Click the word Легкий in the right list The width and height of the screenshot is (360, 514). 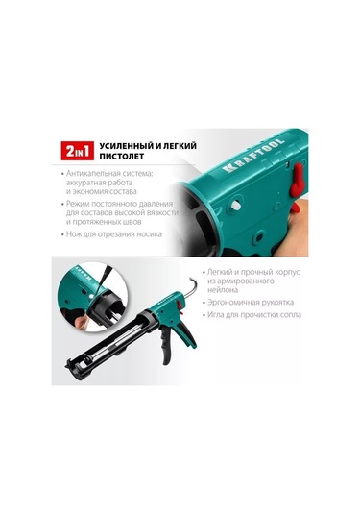[x=231, y=274]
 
